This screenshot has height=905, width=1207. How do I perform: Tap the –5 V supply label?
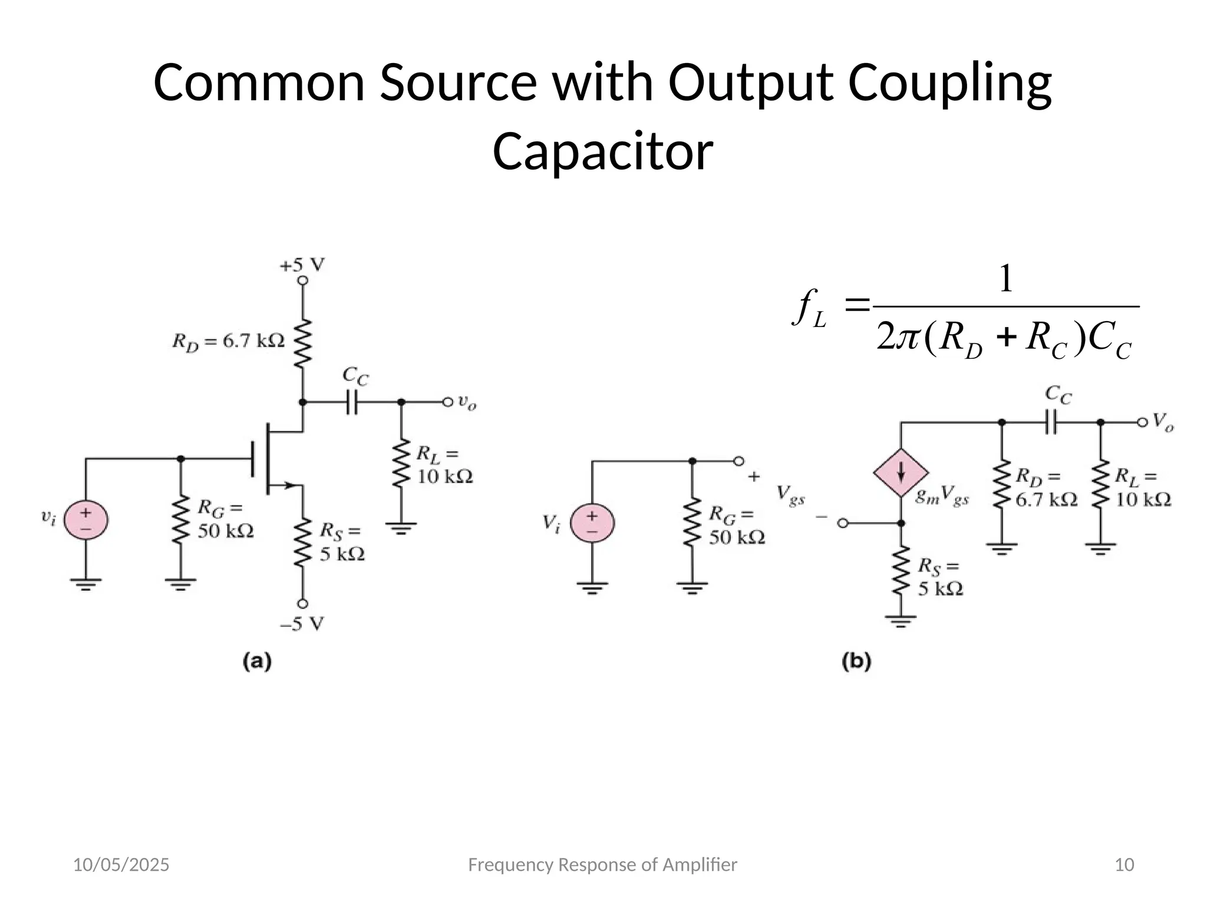[302, 624]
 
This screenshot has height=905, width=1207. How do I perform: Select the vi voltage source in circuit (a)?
[86, 520]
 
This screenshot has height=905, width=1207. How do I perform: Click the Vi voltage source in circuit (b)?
[592, 523]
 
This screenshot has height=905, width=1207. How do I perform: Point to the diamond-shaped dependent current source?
[901, 473]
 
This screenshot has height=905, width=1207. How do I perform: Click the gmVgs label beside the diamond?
[942, 498]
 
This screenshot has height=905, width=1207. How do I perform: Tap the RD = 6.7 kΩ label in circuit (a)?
[228, 341]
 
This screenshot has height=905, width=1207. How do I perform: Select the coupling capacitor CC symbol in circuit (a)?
[352, 402]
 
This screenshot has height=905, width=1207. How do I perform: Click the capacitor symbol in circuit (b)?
[1051, 422]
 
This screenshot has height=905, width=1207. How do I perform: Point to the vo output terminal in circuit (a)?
[448, 402]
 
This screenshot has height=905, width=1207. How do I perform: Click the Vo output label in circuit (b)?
[1163, 422]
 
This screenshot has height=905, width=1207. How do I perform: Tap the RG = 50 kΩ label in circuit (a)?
[225, 519]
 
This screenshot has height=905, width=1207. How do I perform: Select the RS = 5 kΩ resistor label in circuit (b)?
[939, 577]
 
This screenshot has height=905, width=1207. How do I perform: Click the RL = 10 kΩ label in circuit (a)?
[444, 465]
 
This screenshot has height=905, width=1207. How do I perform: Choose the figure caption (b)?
[856, 662]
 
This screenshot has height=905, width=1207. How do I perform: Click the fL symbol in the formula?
[810, 309]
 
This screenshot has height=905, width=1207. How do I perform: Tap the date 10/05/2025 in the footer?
[121, 865]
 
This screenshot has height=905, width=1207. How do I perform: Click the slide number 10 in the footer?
[1124, 865]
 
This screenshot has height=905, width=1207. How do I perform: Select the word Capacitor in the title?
[602, 151]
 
